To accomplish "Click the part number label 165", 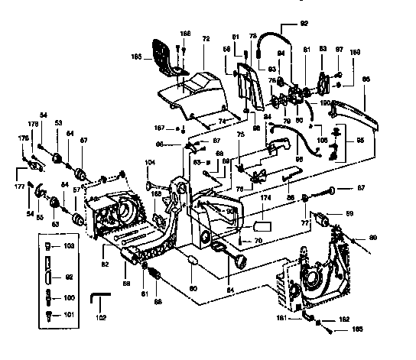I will click(136, 57).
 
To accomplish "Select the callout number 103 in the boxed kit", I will click(69, 246).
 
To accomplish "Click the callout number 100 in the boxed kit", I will click(69, 297).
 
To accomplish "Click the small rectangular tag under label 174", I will click(263, 227).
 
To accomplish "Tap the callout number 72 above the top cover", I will click(204, 37).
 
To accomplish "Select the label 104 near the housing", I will click(150, 163).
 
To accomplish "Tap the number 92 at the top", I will click(304, 23).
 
